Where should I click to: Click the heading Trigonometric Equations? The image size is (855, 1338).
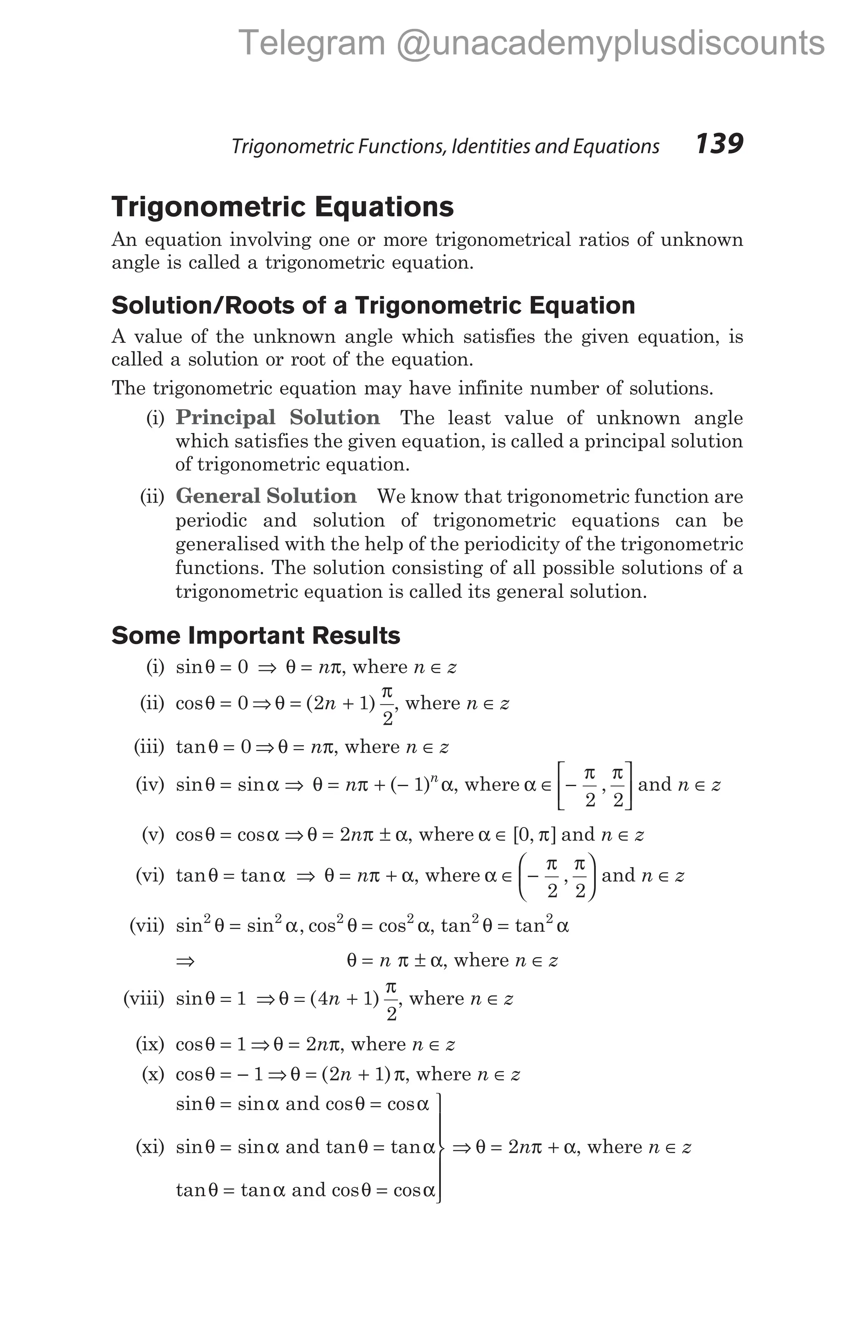click(283, 207)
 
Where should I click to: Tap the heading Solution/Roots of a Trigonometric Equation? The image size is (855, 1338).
click(373, 306)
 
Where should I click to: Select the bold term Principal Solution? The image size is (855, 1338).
click(278, 417)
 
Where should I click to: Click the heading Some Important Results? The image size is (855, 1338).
click(255, 635)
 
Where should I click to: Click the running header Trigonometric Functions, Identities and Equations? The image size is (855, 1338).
click(445, 146)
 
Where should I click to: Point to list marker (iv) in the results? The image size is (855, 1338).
click(150, 784)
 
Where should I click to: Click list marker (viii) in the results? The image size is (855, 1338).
click(144, 999)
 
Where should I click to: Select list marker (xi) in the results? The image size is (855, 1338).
click(150, 1147)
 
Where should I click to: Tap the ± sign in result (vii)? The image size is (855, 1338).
click(420, 960)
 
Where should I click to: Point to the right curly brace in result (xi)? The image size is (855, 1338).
click(440, 1147)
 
